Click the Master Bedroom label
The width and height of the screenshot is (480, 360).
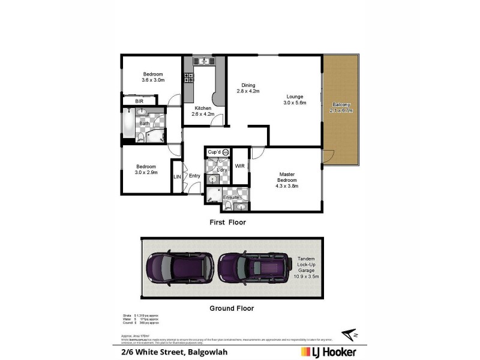[286, 180]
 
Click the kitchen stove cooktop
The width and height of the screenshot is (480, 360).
[188, 77]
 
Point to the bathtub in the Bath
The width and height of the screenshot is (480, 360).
[128, 124]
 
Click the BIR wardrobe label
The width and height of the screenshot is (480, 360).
[139, 101]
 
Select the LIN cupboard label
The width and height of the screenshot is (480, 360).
[177, 176]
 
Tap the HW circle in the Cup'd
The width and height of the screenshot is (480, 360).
[225, 152]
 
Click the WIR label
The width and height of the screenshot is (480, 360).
[239, 166]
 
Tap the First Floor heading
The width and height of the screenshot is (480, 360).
[227, 222]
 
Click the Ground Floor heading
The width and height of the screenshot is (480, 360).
[231, 308]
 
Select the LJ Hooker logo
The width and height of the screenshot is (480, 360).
[328, 352]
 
